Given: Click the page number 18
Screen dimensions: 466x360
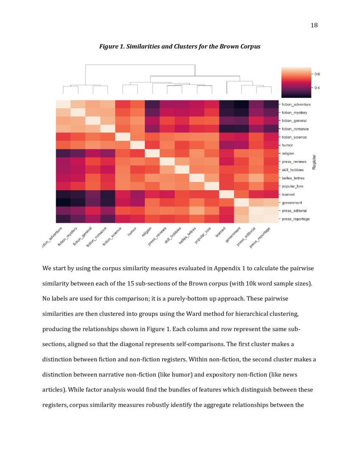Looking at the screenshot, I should coord(314,25).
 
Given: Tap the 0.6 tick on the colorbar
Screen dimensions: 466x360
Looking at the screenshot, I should coord(316,74).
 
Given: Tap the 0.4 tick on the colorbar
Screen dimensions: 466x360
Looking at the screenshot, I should coord(316,88).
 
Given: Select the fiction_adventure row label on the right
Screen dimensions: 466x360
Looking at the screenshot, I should coord(296,104).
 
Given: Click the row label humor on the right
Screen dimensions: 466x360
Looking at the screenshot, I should coord(288,145).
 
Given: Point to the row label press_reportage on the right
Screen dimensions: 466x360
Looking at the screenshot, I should coord(296,219).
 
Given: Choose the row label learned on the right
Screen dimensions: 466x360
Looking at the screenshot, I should coord(288,194).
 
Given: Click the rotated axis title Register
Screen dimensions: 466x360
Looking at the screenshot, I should coord(314,161).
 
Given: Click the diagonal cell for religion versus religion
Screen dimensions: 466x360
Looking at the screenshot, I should coord(152,153).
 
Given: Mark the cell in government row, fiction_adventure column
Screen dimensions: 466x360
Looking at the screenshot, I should coord(63,202).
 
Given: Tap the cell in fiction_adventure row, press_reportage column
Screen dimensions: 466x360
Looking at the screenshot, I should coord(270,104).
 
